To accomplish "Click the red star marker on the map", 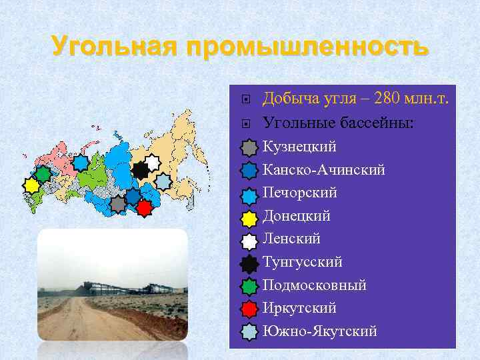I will point(144,207).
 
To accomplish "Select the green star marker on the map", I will point(43,174).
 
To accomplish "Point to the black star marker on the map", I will point(140,170).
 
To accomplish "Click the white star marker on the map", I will point(153,162).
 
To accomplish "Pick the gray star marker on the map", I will point(118,204).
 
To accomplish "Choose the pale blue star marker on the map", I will point(163,181).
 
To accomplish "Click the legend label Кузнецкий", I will point(299,147).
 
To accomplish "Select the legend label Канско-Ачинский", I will point(323,170).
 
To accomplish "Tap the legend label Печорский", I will point(299,193).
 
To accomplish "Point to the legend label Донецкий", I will point(297,216).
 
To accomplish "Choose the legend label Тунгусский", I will point(303,262).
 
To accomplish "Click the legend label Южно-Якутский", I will point(319,331).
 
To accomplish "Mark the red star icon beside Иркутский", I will point(248,309).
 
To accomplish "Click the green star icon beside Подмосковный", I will point(248,285).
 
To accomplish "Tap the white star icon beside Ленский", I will point(248,239).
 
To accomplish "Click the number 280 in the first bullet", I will point(388,99).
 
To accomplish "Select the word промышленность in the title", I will point(308,47).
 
